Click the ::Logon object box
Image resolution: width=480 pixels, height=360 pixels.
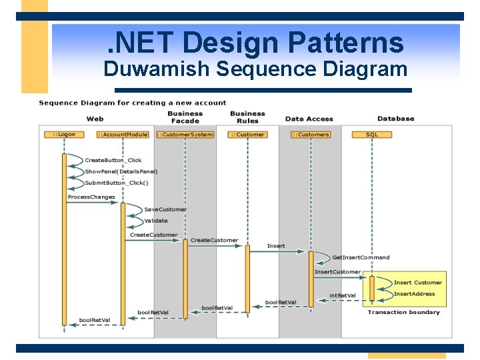pyautogui.click(x=65, y=135)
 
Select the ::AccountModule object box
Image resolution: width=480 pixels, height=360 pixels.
pyautogui.click(x=122, y=135)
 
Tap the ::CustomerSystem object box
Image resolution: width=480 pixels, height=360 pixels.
pyautogui.click(x=185, y=135)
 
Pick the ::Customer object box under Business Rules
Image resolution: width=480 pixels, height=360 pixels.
pyautogui.click(x=247, y=135)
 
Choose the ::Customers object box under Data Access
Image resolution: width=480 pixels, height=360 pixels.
pyautogui.click(x=311, y=135)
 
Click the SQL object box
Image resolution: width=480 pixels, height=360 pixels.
pyautogui.click(x=372, y=135)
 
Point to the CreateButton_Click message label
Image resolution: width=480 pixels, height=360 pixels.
pyautogui.click(x=113, y=160)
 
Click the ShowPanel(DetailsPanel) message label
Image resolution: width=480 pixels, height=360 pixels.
pyautogui.click(x=121, y=171)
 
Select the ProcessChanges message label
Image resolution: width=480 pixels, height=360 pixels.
pyautogui.click(x=91, y=197)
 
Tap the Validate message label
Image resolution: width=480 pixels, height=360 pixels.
pyautogui.click(x=156, y=221)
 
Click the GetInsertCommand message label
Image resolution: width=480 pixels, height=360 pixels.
pyautogui.click(x=361, y=257)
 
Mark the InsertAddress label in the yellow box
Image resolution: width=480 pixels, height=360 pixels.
pyautogui.click(x=414, y=294)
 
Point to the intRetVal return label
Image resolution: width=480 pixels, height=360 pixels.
pyautogui.click(x=343, y=295)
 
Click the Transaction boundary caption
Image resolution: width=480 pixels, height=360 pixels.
pyautogui.click(x=403, y=312)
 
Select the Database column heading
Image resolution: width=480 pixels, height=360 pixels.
pyautogui.click(x=395, y=119)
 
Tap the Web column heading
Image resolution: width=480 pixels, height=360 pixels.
pyautogui.click(x=95, y=119)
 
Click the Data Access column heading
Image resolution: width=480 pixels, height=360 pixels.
pyautogui.click(x=309, y=119)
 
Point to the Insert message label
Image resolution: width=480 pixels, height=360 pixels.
pyautogui.click(x=276, y=246)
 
